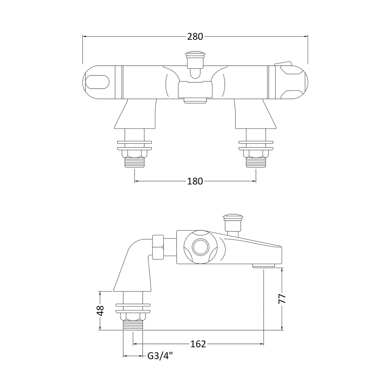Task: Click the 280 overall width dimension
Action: coord(195,37)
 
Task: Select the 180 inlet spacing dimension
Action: coord(195,181)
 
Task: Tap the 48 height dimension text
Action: coord(100,310)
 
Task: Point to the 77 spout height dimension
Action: coord(283,299)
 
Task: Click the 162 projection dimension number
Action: coord(198,344)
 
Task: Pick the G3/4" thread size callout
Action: coord(159,356)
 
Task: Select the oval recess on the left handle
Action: coord(97,82)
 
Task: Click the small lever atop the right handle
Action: coord(283,63)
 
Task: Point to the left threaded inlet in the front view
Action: coord(134,162)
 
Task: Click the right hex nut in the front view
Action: coord(256,153)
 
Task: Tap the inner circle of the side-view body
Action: coord(201,247)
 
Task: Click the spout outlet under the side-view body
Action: coord(264,265)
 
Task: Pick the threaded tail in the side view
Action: coord(133,325)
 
